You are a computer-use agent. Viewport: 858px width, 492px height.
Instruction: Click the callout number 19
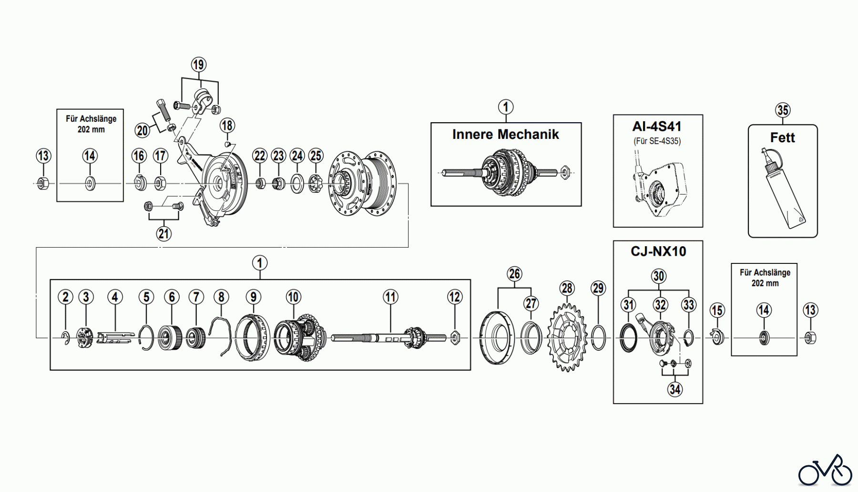coord(199,64)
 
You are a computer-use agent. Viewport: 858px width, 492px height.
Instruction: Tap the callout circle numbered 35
coord(783,110)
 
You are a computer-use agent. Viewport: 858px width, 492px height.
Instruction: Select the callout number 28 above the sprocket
coord(567,288)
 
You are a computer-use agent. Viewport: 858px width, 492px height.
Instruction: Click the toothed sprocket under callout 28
coord(567,338)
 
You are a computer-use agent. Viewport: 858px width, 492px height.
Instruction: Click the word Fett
coord(782,137)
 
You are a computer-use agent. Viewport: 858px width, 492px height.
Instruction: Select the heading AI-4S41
coord(657,126)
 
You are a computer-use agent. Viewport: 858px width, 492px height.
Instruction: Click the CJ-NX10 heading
coord(658,251)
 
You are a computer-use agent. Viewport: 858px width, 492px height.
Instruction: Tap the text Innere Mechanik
coord(505,135)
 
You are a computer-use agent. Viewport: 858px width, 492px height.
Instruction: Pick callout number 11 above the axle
coord(390,297)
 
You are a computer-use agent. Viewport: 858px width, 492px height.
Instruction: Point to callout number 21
coord(164,234)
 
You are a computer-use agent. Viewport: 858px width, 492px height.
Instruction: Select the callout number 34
coord(674,389)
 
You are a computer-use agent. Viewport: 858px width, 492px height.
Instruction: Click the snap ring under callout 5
coord(146,337)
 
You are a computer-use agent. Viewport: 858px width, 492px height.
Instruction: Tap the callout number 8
coord(221,297)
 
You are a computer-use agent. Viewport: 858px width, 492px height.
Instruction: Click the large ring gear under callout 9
coord(253,338)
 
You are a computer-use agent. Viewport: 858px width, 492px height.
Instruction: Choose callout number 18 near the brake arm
coord(227,126)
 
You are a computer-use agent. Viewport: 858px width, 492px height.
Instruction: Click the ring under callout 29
coord(598,337)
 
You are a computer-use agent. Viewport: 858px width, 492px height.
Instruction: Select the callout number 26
coord(514,274)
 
